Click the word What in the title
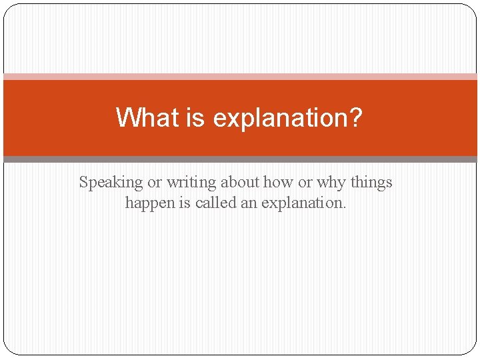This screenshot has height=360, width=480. tap(147, 117)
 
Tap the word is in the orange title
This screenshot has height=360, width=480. tap(195, 117)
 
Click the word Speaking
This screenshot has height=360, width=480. tap(111, 183)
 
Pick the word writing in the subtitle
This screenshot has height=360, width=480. tap(191, 183)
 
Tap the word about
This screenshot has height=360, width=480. tap(240, 182)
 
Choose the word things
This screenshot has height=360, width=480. tap(371, 183)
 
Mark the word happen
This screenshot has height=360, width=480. tap(150, 203)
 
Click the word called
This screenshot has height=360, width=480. tap(216, 203)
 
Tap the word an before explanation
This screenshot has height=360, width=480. tap(249, 204)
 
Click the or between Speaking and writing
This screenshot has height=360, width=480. tap(154, 183)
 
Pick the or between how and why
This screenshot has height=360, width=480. tap(305, 183)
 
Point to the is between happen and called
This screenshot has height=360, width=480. tap(185, 203)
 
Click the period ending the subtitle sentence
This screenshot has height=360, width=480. tap(345, 207)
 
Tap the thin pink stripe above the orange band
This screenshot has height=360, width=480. tap(240, 77)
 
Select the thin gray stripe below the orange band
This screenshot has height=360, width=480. tap(240, 159)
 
